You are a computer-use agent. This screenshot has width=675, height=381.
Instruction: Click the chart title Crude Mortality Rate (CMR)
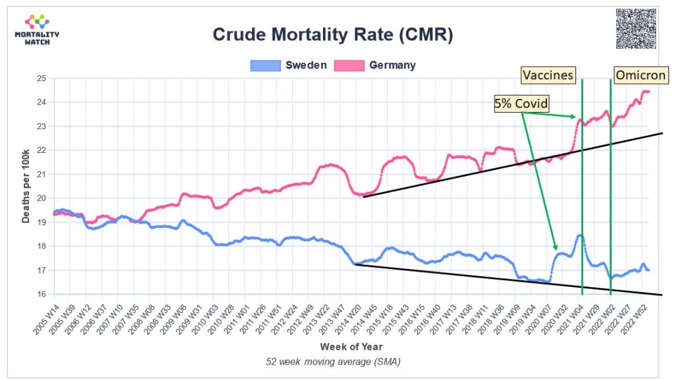click(x=332, y=34)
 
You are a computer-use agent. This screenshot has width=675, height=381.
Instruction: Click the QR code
click(x=636, y=28)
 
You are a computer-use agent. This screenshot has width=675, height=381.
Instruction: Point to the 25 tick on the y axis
click(x=41, y=78)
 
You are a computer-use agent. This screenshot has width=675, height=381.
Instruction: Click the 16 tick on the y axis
click(x=41, y=295)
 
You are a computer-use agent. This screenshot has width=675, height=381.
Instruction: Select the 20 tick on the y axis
click(x=41, y=198)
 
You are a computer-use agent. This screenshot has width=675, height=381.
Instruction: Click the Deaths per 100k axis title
click(x=26, y=187)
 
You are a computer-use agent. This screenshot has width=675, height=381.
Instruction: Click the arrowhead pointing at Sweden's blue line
click(x=556, y=249)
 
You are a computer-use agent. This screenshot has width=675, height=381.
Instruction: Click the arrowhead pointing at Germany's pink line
click(x=577, y=117)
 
